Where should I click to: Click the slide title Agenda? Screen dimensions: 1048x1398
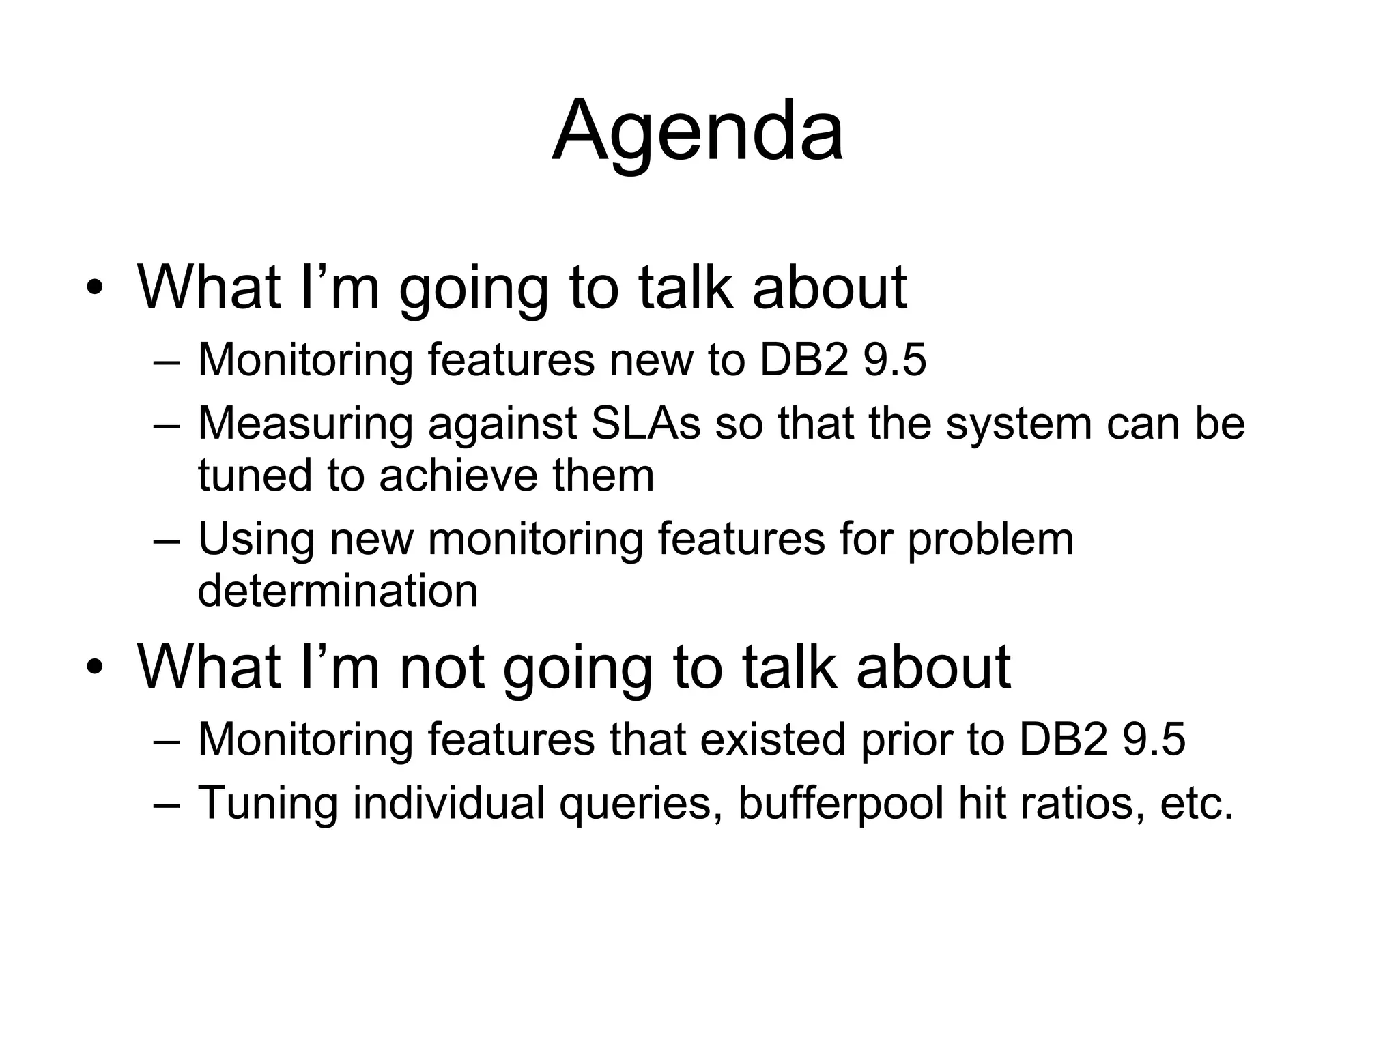[x=698, y=132]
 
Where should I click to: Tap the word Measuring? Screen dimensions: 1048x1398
[x=305, y=424]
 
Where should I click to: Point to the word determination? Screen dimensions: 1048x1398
[x=338, y=591]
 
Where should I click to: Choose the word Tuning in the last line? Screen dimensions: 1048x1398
[x=268, y=804]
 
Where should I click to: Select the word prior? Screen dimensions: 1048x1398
[x=906, y=740]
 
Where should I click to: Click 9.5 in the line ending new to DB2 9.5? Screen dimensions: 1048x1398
[x=895, y=360]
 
